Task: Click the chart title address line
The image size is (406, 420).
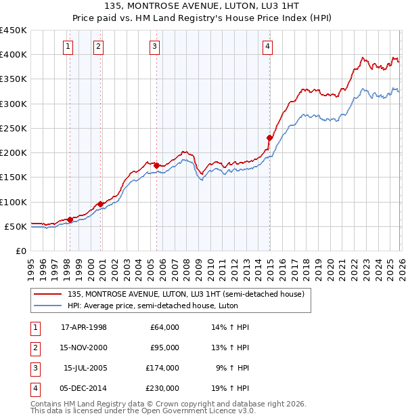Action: [x=202, y=5]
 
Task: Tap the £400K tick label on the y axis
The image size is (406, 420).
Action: [x=14, y=55]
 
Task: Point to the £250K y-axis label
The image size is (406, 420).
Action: [x=14, y=128]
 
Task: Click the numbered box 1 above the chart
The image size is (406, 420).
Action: [x=69, y=47]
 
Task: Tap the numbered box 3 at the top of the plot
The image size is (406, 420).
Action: [x=155, y=47]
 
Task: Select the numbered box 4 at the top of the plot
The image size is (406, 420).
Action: [x=268, y=47]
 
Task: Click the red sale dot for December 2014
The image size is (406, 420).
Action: [x=269, y=138]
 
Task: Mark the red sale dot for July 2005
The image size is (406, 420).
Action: [x=156, y=165]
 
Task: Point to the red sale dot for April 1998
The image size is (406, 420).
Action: [x=70, y=219]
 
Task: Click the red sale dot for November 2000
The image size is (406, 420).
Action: [x=100, y=204]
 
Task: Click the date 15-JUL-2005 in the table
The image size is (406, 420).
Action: [x=85, y=368]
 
